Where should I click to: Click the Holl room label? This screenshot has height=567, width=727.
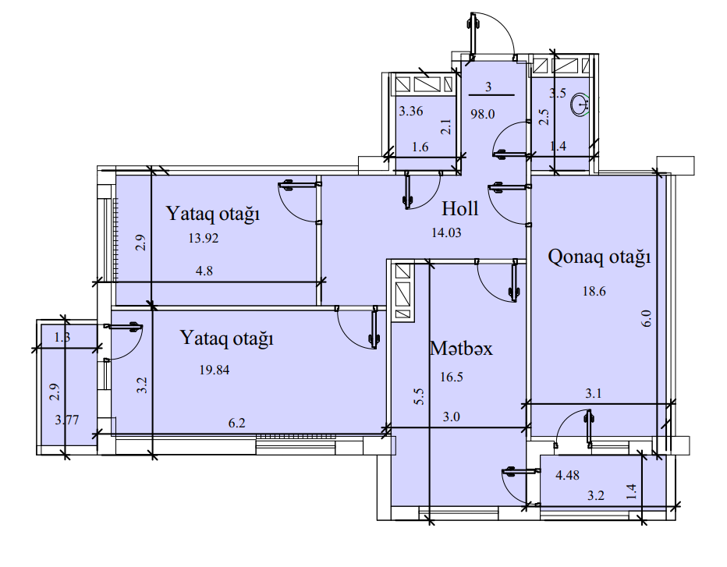(x=459, y=209)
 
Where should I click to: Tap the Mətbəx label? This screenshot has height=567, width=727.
(x=461, y=349)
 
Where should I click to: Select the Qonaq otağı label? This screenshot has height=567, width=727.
(x=599, y=257)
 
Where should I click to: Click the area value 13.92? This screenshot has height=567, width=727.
(x=203, y=239)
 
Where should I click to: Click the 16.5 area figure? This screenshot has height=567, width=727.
(x=452, y=377)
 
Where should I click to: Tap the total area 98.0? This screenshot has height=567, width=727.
(x=483, y=113)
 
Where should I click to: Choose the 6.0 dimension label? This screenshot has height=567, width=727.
(x=645, y=319)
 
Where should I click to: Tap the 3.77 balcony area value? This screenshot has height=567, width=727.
(x=67, y=420)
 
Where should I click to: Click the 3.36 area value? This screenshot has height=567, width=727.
(x=411, y=111)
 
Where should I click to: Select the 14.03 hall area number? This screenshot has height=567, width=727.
(x=448, y=231)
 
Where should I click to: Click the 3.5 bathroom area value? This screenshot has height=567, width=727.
(x=558, y=94)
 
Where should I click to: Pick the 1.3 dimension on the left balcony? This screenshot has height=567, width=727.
(x=63, y=338)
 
